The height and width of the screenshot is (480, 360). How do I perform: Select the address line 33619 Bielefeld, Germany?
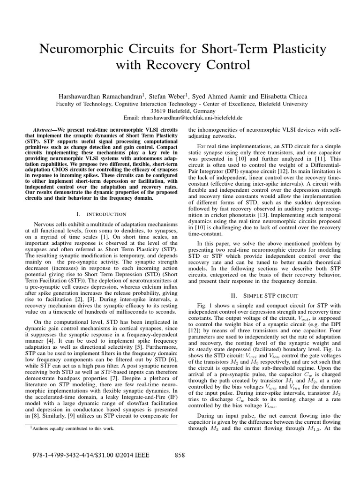tap(180, 111)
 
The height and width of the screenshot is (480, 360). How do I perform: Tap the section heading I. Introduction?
tap(101, 214)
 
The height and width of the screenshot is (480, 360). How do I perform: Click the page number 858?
tap(180, 455)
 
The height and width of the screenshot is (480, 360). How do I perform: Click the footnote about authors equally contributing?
tap(71, 428)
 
